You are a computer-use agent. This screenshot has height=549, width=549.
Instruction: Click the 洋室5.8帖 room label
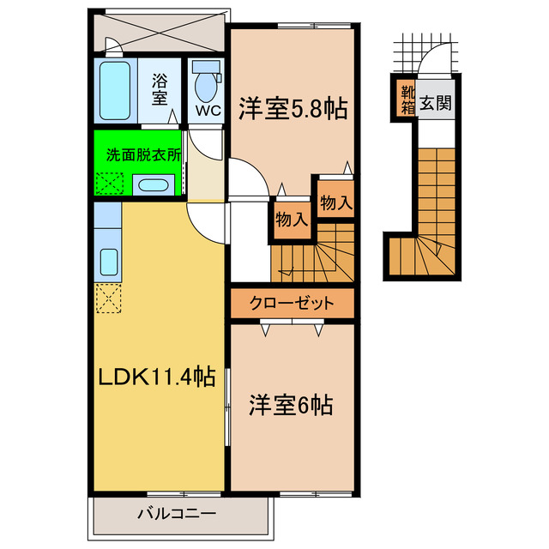(x=293, y=110)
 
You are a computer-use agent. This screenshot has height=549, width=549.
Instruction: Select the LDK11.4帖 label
(x=156, y=377)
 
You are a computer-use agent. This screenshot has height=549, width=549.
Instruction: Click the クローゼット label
(x=292, y=303)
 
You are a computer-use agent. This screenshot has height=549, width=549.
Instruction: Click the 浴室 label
(x=160, y=88)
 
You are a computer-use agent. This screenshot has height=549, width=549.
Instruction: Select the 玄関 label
(x=435, y=103)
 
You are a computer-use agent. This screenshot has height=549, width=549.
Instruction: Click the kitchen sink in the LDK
(x=109, y=259)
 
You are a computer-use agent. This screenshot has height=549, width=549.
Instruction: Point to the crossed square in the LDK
(x=109, y=298)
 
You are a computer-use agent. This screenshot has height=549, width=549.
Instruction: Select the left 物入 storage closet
(x=292, y=219)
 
